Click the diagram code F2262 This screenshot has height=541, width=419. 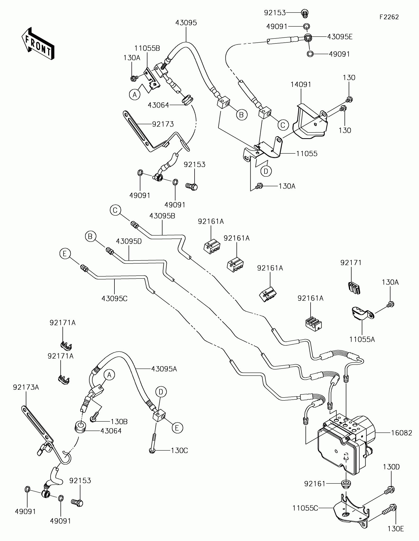389,17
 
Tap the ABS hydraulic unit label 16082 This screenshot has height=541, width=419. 402,433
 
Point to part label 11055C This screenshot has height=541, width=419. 305,508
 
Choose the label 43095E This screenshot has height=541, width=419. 340,37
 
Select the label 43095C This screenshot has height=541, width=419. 114,298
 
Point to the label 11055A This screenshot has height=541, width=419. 362,339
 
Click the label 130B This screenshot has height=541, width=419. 119,422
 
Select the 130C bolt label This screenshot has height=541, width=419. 179,450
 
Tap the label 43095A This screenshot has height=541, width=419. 164,369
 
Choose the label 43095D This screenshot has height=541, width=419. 129,241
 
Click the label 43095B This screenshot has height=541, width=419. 162,216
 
